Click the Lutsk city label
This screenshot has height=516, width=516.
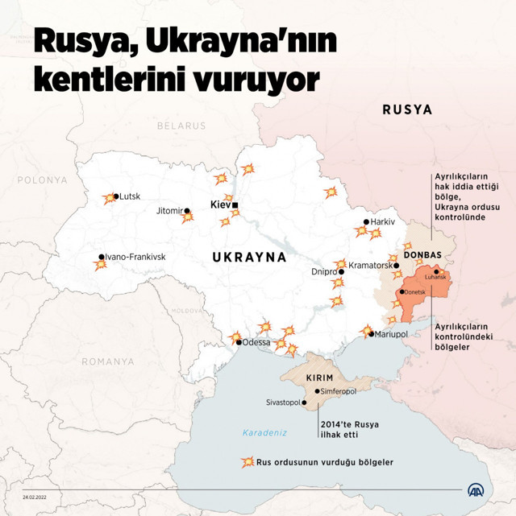click(x=130, y=196)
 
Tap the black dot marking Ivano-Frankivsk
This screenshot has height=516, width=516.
click(x=102, y=258)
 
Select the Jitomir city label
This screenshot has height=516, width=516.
click(x=169, y=211)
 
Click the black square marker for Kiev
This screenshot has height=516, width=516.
click(x=235, y=204)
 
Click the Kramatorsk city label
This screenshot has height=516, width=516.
click(x=370, y=265)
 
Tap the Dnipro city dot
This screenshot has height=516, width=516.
click(x=341, y=272)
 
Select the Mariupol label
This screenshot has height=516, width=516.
click(x=392, y=333)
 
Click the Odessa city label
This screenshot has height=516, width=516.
click(x=256, y=342)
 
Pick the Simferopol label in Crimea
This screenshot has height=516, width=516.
click(x=339, y=391)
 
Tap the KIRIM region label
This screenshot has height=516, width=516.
click(x=320, y=378)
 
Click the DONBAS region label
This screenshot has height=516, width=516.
click(x=422, y=255)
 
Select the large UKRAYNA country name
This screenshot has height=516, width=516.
click(x=249, y=258)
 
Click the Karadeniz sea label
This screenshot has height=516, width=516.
click(x=265, y=432)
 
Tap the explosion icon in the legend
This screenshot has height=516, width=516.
click(x=248, y=463)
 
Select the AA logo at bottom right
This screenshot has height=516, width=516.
click(x=477, y=490)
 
